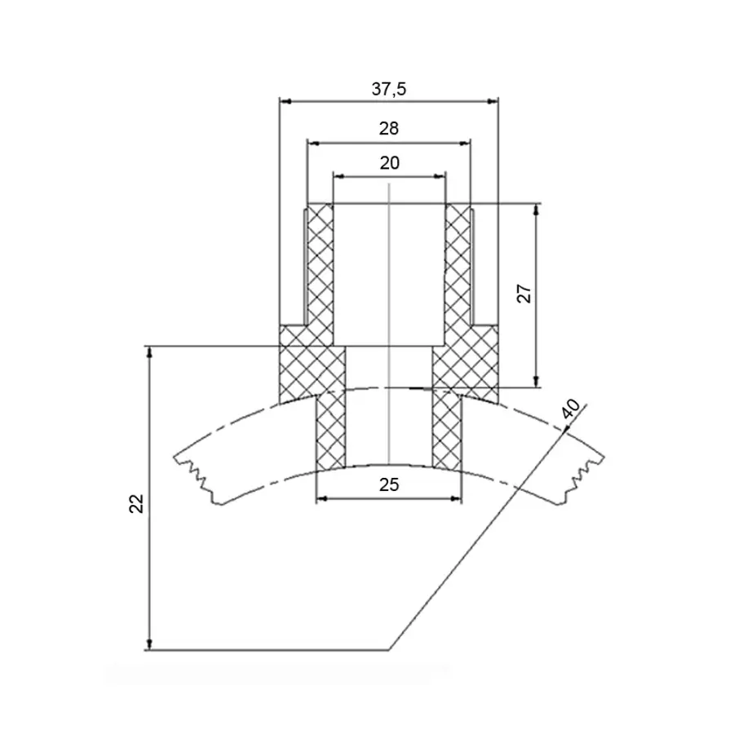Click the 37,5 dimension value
[x=388, y=89]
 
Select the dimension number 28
[x=388, y=128]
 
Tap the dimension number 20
[x=390, y=163]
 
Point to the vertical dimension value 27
[x=524, y=294]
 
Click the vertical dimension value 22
[x=136, y=504]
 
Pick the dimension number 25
[x=389, y=484]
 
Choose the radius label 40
[x=571, y=409]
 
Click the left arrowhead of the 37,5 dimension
[x=285, y=101]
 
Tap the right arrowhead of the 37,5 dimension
[x=493, y=101]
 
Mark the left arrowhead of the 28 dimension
[x=313, y=144]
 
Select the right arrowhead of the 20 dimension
[x=440, y=176]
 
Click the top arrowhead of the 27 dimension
[x=537, y=210]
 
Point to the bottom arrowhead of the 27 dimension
[x=537, y=382]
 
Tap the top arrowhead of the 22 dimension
[x=150, y=352]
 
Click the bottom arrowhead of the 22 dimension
[x=150, y=644]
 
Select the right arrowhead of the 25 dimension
[x=456, y=499]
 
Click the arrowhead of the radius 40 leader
[x=564, y=429]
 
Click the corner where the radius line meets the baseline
[x=388, y=650]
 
